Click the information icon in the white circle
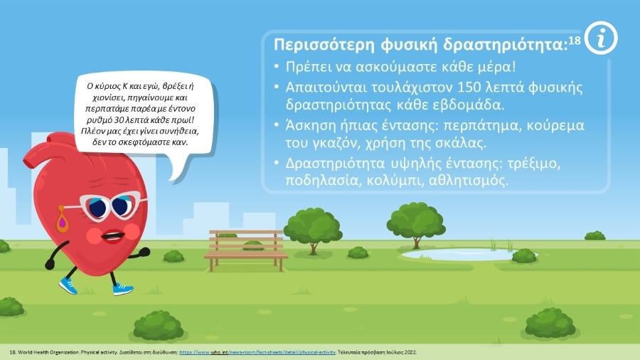pos(601,38)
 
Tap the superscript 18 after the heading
pos(575,41)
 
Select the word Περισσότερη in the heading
pos(324,45)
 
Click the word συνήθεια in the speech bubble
pos(178,132)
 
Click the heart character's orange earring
pos(62,221)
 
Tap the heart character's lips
pos(114,236)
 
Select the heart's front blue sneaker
pos(123,289)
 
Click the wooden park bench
pos(246,250)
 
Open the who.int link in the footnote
pos(257,352)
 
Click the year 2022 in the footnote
pos(410,352)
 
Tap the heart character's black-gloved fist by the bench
pos(144,252)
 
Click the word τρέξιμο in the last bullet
pos(534,163)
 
